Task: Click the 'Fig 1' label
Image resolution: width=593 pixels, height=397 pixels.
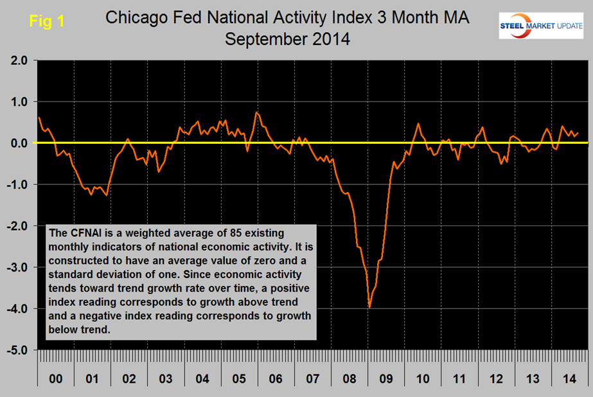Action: (x=47, y=21)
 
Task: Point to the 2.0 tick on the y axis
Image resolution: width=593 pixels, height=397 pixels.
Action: (x=19, y=61)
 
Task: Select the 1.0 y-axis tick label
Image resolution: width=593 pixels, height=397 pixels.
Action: (x=19, y=102)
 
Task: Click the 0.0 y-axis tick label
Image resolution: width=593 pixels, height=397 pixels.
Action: (x=19, y=143)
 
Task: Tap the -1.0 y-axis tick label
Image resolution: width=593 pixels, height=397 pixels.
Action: (x=17, y=185)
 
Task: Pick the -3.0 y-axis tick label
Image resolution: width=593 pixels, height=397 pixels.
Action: (x=17, y=268)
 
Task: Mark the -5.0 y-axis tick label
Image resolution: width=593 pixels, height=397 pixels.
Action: (x=17, y=351)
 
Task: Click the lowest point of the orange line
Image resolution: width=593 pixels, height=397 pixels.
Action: (x=369, y=308)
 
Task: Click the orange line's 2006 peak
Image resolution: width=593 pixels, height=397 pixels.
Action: (x=256, y=112)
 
